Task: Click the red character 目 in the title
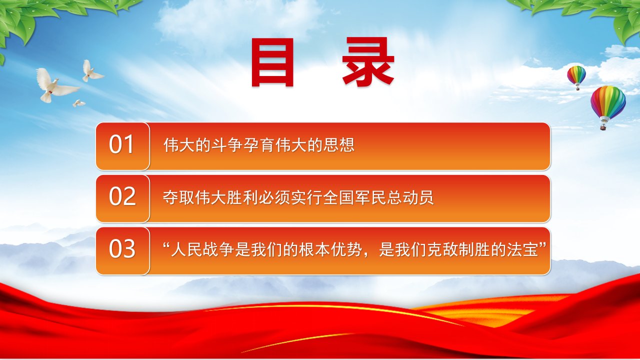click(x=272, y=62)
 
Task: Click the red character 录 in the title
click(x=368, y=62)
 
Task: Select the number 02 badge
click(x=122, y=198)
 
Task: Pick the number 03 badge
click(x=122, y=251)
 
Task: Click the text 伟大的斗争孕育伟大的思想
click(x=259, y=145)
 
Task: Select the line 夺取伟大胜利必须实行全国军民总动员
click(x=298, y=197)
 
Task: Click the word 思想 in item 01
click(x=339, y=145)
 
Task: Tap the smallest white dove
click(x=78, y=103)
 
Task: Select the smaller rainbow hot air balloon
click(x=576, y=77)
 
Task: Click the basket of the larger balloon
click(x=603, y=127)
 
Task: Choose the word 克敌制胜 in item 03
click(x=458, y=249)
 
